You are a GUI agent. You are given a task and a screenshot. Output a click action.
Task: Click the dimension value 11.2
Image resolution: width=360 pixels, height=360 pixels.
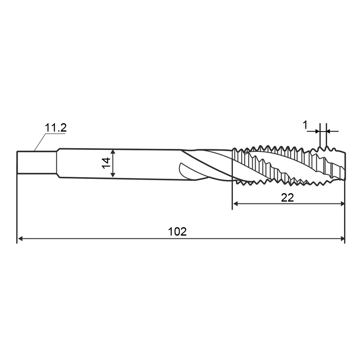coord(56,128)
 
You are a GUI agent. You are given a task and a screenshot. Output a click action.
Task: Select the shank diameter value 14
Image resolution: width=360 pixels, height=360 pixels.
coord(106,163)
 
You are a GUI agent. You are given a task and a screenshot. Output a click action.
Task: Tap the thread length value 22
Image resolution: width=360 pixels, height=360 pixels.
coord(287,198)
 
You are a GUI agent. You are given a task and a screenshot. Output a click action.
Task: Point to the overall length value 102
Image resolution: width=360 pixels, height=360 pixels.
coord(178,232)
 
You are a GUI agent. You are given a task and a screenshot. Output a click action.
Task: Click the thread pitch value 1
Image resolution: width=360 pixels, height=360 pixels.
coord(305,125)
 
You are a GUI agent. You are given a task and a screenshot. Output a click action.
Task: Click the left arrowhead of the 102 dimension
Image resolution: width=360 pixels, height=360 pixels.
coord(20,239)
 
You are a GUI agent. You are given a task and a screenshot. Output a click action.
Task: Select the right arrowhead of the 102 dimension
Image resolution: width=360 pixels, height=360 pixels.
coord(342,239)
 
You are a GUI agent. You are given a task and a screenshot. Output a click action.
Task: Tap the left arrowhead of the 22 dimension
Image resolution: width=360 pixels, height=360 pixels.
coord(236,204)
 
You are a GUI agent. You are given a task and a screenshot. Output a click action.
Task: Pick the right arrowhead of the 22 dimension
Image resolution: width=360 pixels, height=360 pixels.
coord(342,204)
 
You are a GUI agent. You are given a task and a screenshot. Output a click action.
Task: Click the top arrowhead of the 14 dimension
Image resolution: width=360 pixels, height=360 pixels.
coord(113,152)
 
